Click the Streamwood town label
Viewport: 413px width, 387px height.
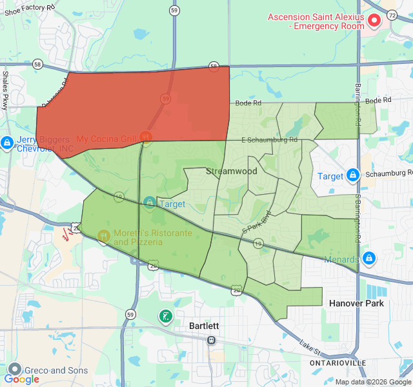(x=231, y=171)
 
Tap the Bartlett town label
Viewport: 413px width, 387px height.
(x=205, y=326)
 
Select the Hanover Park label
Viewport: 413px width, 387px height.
(x=356, y=303)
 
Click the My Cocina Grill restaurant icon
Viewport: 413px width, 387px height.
(x=146, y=137)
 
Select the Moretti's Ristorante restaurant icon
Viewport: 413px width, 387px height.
(x=103, y=237)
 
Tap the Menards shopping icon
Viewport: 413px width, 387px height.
(x=368, y=258)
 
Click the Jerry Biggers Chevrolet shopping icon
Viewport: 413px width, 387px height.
(x=7, y=143)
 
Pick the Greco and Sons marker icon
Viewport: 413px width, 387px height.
(x=14, y=370)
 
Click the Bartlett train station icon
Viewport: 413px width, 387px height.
(x=211, y=340)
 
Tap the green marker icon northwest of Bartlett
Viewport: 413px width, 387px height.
(x=166, y=316)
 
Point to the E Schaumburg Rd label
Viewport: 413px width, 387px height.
(x=269, y=139)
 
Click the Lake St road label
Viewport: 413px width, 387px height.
(x=310, y=349)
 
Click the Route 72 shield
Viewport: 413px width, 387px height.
(x=392, y=14)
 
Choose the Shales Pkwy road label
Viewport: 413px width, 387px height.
(x=5, y=90)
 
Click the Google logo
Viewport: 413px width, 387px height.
(x=21, y=379)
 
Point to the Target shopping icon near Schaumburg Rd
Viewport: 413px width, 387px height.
(x=353, y=175)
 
